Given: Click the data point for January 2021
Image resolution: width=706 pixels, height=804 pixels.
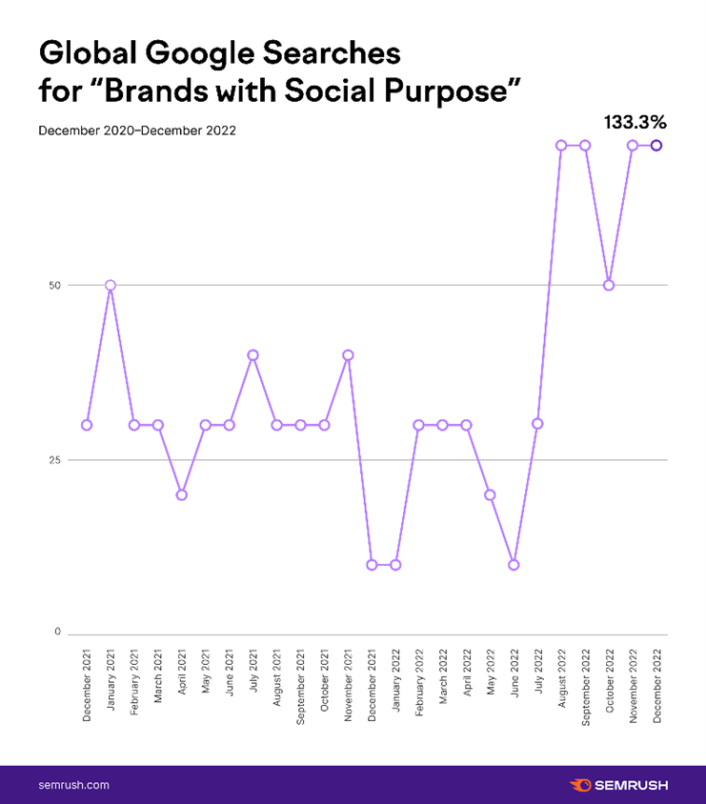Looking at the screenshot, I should tap(111, 285).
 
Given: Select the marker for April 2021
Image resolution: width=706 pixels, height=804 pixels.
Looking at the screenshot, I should tap(181, 494).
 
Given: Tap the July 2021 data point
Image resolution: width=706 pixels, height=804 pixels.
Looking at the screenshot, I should tap(252, 354).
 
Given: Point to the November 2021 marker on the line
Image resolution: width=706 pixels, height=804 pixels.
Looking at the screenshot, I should tap(348, 354).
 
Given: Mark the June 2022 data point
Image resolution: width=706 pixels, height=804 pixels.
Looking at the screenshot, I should tap(514, 565).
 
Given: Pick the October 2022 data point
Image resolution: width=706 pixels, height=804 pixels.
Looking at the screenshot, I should tap(609, 285).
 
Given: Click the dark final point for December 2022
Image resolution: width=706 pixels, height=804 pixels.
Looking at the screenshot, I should tap(656, 145).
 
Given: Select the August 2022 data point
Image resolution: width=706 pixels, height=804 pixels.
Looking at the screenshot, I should tap(561, 145).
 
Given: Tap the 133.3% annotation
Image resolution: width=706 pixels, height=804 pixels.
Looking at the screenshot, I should tap(634, 122).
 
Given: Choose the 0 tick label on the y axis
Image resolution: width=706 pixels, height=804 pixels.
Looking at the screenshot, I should tap(58, 633).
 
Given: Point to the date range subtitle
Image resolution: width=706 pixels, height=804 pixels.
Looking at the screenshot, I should tap(137, 130).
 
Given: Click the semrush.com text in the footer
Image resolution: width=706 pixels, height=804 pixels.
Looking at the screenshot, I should tap(73, 785).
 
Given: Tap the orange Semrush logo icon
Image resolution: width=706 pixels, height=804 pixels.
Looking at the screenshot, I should tap(579, 785).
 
